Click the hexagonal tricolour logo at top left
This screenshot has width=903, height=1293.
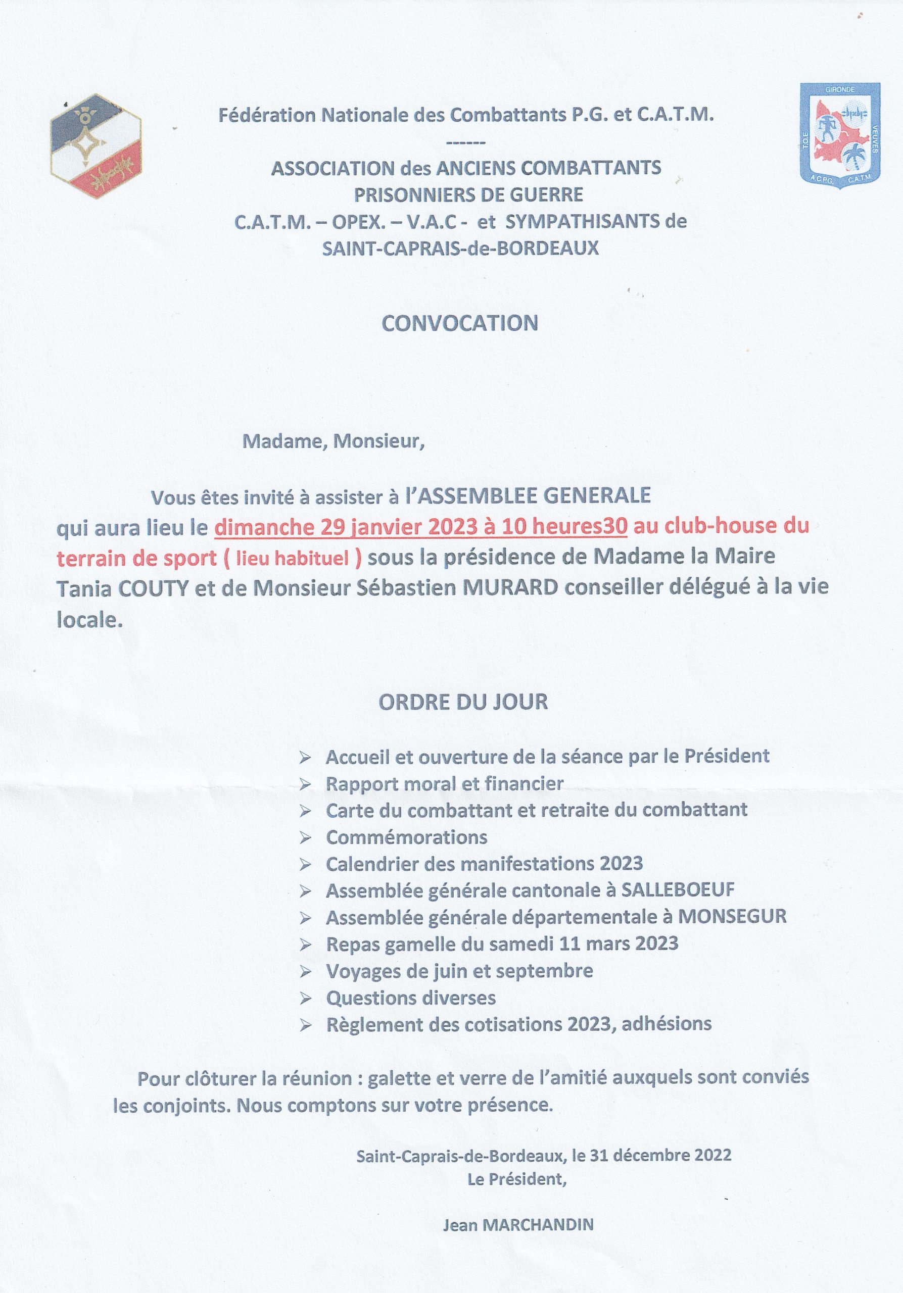pyautogui.click(x=96, y=146)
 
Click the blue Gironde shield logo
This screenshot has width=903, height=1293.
pyautogui.click(x=840, y=136)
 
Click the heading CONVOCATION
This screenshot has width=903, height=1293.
pyautogui.click(x=460, y=323)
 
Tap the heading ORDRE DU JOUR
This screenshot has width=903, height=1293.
pyautogui.click(x=462, y=702)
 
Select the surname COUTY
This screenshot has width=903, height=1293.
pyautogui.click(x=153, y=588)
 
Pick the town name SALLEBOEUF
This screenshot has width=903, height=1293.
pyautogui.click(x=678, y=890)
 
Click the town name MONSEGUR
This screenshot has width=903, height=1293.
pyautogui.click(x=732, y=917)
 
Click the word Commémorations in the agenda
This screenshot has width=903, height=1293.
pyautogui.click(x=406, y=837)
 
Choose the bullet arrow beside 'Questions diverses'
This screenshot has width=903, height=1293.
pyautogui.click(x=305, y=999)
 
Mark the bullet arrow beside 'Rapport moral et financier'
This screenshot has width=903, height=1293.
pyautogui.click(x=305, y=784)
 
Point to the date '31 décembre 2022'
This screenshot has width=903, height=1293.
pyautogui.click(x=660, y=1156)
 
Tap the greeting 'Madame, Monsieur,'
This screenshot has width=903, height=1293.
pyautogui.click(x=333, y=441)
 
